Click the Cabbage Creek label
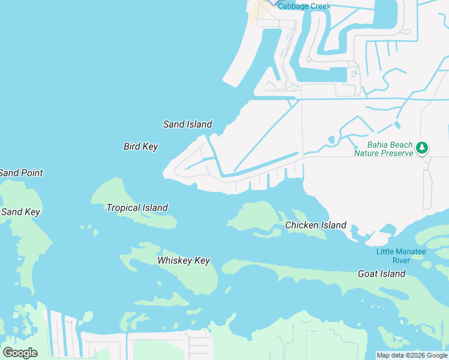pyautogui.click(x=304, y=6)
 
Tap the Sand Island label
pyautogui.click(x=187, y=124)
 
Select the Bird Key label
pyautogui.click(x=140, y=146)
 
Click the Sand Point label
pyautogui.click(x=21, y=173)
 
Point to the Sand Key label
pyautogui.click(x=20, y=212)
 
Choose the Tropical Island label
pyautogui.click(x=137, y=208)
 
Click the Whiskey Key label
pyautogui.click(x=183, y=260)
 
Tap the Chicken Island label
pyautogui.click(x=315, y=225)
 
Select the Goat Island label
pyautogui.click(x=381, y=274)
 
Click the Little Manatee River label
pyautogui.click(x=401, y=256)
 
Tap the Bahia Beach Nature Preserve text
pyautogui.click(x=383, y=149)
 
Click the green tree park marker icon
pyautogui.click(x=423, y=147)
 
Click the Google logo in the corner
pyautogui.click(x=19, y=353)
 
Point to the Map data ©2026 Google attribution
pyautogui.click(x=412, y=355)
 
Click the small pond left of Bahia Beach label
pyautogui.click(x=331, y=140)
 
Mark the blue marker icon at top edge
pyautogui.click(x=273, y=2)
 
